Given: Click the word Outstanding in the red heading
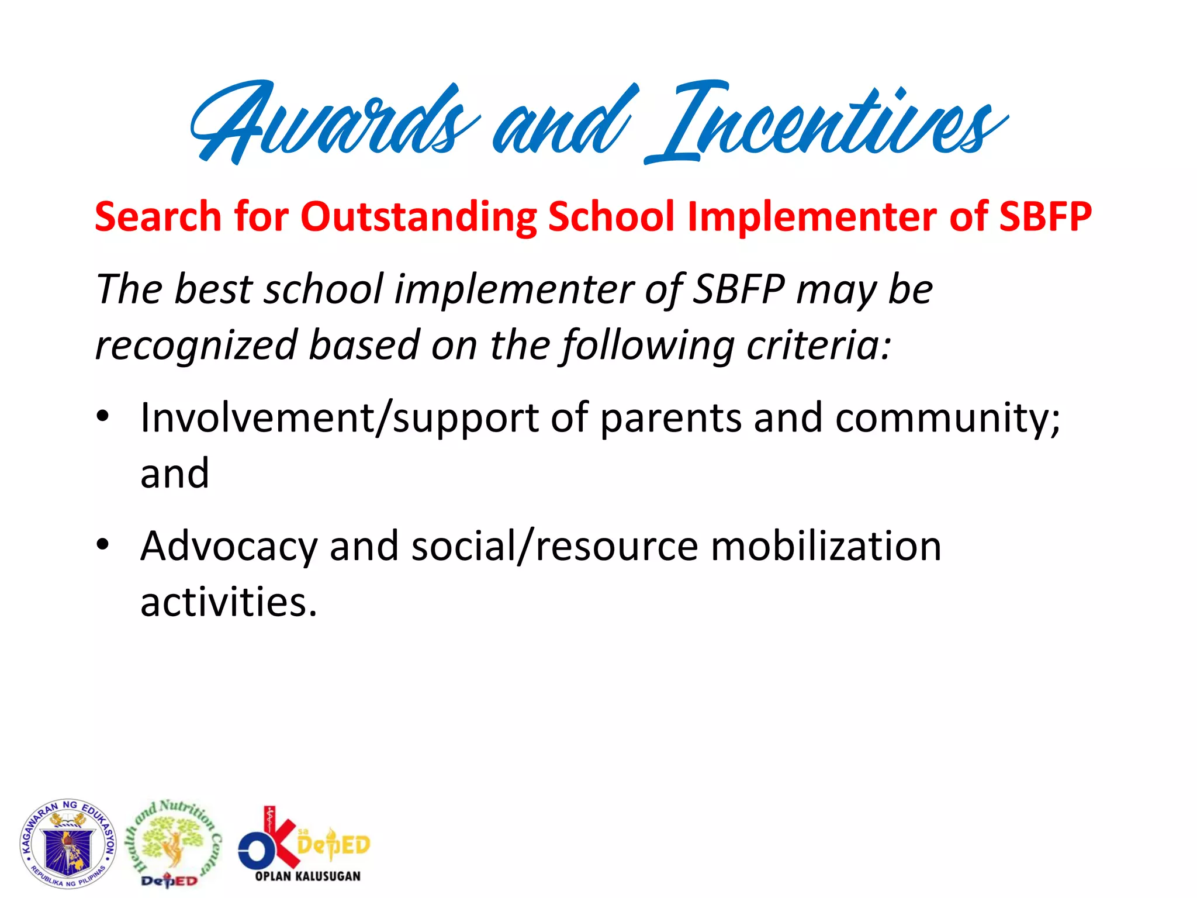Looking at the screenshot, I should [x=418, y=217].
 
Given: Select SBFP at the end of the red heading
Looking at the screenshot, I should [x=1045, y=217].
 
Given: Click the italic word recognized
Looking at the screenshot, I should [x=196, y=345].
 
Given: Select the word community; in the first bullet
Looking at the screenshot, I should [x=947, y=419].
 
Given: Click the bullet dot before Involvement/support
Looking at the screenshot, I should [x=103, y=417].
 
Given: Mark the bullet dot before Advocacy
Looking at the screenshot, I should [x=103, y=545].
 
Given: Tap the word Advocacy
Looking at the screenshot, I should [x=229, y=547].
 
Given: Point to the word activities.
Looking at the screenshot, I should [x=229, y=602].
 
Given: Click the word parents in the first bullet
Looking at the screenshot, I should [x=671, y=419].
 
